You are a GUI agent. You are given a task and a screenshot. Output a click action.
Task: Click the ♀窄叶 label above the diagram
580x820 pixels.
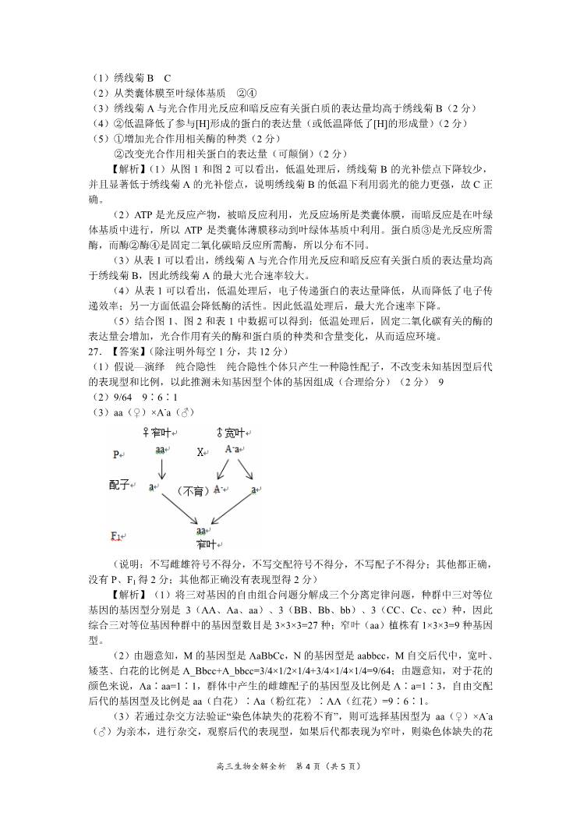(x=158, y=432)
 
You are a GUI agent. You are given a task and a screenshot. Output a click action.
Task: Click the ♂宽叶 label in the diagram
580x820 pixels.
(x=231, y=432)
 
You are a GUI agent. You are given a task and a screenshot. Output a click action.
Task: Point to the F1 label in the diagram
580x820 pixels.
(x=117, y=535)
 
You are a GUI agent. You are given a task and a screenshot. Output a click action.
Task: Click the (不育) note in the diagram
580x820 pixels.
(x=191, y=490)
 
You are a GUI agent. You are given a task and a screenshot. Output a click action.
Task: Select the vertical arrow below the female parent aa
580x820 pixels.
(x=161, y=469)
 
